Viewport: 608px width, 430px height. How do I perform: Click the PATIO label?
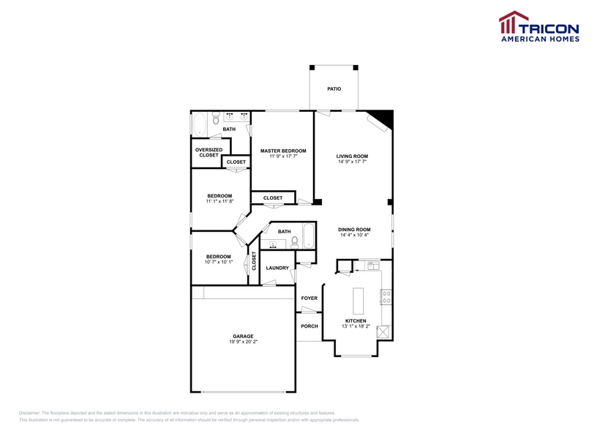point(334,88)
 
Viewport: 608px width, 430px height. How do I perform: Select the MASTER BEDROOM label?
point(283,151)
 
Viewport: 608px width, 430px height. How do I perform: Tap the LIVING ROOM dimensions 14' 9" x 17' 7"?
point(352,162)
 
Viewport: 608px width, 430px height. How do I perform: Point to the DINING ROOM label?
point(354,230)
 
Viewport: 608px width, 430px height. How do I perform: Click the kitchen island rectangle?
point(359,301)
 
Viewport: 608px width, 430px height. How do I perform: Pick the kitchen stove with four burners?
point(386,296)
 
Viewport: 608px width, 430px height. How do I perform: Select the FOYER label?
point(309,298)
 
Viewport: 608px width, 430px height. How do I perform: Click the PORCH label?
point(309,326)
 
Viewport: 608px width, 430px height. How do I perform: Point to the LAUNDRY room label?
point(277,268)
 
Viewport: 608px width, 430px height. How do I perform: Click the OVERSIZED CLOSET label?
point(209,152)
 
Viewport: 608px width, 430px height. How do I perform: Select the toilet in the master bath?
point(216,117)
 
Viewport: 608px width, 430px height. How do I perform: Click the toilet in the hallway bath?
point(295,242)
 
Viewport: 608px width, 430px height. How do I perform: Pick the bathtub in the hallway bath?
point(309,237)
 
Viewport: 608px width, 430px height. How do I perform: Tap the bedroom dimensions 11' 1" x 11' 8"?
point(219,201)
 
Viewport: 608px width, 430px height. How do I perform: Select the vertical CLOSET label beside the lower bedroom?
point(255,261)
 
